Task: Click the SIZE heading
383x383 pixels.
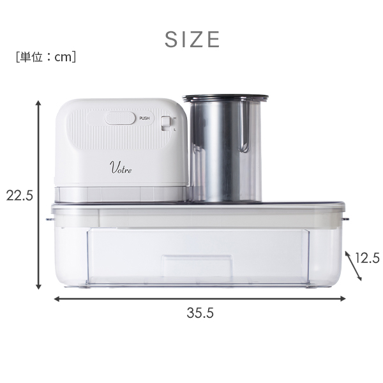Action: (192, 40)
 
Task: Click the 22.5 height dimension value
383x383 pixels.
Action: (19, 195)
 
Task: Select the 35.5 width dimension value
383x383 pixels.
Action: (200, 313)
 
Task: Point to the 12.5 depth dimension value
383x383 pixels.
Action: (367, 258)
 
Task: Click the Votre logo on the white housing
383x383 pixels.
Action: (121, 167)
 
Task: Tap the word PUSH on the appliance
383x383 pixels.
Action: (144, 118)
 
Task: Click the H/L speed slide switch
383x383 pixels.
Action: (166, 123)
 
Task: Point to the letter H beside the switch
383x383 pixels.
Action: (175, 118)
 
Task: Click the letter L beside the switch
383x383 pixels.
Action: (175, 130)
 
